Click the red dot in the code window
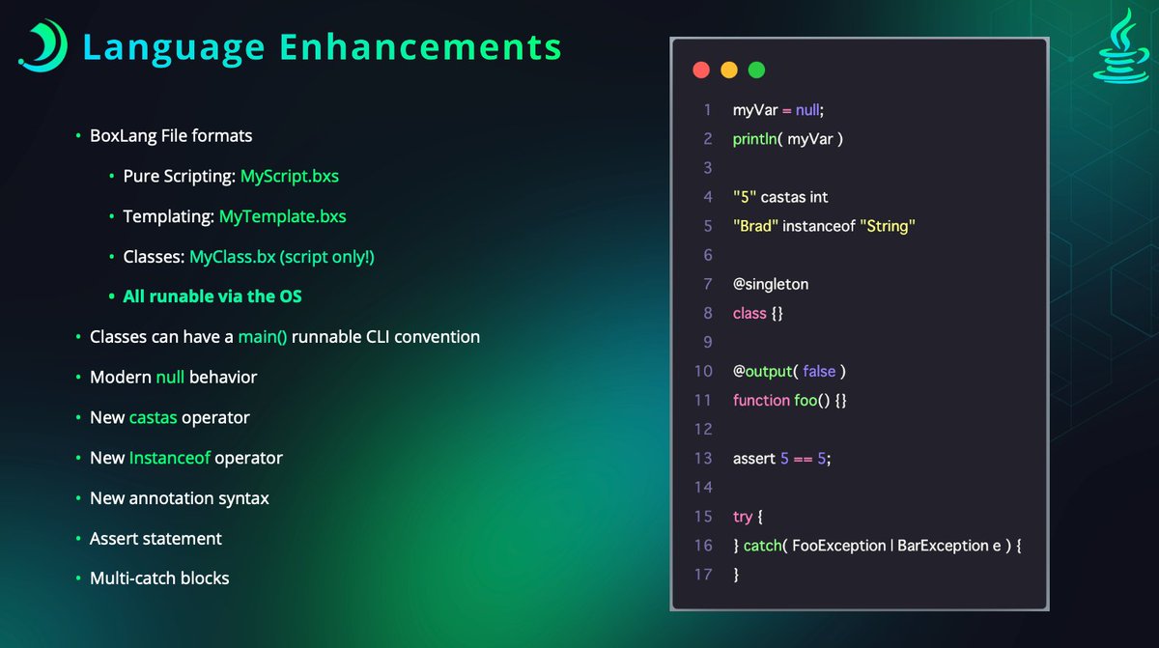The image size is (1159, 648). (701, 70)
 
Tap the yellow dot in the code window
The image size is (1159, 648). (729, 70)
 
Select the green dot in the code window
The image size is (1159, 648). (756, 70)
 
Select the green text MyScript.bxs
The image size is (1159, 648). (290, 177)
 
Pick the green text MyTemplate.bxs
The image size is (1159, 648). (282, 216)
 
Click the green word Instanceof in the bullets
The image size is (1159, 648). (169, 458)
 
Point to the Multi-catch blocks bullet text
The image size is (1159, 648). (159, 578)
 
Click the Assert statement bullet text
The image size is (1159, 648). (155, 538)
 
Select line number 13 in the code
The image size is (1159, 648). (703, 459)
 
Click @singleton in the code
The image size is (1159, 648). (771, 284)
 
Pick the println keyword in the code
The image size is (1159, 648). (756, 139)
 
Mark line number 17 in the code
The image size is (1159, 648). (703, 575)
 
